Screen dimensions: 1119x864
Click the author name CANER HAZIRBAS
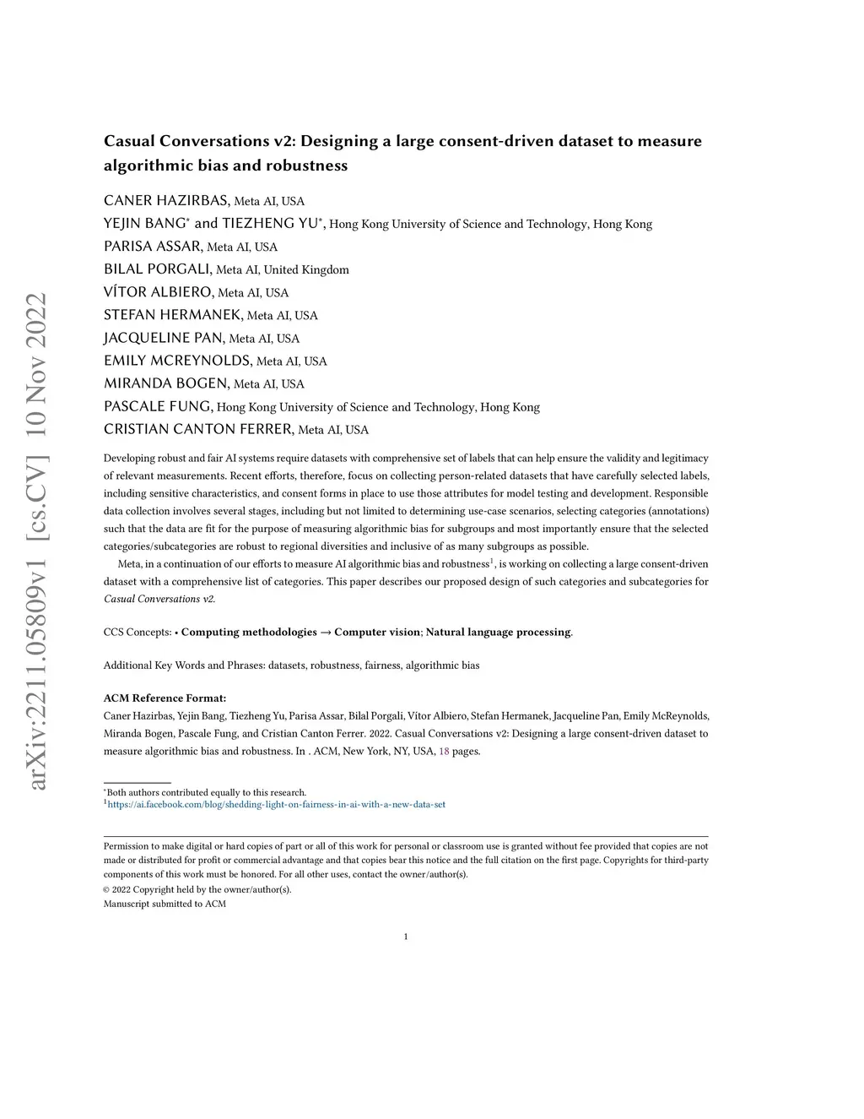pyautogui.click(x=166, y=200)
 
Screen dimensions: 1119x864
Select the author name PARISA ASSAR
pyautogui.click(x=153, y=246)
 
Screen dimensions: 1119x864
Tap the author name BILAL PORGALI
pyautogui.click(x=158, y=269)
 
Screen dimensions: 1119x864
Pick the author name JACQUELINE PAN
pyautogui.click(x=164, y=338)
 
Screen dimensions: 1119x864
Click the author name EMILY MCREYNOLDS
pyautogui.click(x=177, y=361)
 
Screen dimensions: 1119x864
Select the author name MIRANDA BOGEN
pyautogui.click(x=166, y=383)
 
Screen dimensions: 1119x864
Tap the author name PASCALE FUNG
pyautogui.click(x=158, y=406)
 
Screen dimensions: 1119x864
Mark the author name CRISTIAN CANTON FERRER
pyautogui.click(x=198, y=429)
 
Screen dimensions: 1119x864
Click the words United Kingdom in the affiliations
pyautogui.click(x=306, y=270)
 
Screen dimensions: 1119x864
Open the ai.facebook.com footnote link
pyautogui.click(x=277, y=805)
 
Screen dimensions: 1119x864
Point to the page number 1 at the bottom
pyautogui.click(x=406, y=936)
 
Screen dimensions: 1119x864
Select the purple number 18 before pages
pyautogui.click(x=444, y=751)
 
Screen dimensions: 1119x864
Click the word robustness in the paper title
pyautogui.click(x=306, y=166)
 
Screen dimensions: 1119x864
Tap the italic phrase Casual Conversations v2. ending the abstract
pyautogui.click(x=159, y=599)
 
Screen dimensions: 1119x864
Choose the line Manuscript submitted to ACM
pyautogui.click(x=165, y=904)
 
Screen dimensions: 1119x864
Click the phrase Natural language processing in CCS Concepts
pyautogui.click(x=498, y=632)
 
